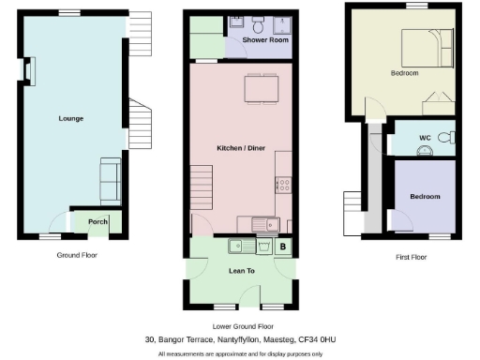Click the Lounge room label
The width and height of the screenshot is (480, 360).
pos(71,119)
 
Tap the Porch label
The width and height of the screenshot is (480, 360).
pos(97,222)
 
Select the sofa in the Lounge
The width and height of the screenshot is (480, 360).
pos(110,178)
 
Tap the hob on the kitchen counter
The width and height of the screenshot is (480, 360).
pos(283,184)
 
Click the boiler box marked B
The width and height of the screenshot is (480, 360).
pos(284,246)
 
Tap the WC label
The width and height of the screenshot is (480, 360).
pos(425,138)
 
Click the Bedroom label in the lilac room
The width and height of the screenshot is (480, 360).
pos(425,196)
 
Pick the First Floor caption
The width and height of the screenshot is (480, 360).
pos(407,256)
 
